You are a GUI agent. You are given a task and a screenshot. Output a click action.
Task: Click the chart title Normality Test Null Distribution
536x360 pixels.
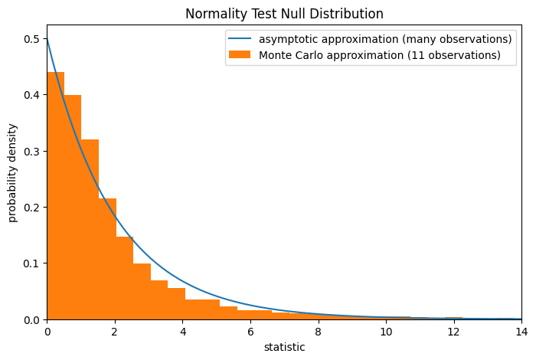pos(284,14)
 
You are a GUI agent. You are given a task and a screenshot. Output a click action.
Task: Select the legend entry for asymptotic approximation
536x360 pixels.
pos(384,39)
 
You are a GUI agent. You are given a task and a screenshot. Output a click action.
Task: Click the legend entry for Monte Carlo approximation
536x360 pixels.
pos(379,55)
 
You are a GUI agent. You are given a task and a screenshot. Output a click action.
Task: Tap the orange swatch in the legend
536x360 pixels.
pos(240,55)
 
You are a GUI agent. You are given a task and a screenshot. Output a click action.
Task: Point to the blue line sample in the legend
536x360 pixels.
pos(240,39)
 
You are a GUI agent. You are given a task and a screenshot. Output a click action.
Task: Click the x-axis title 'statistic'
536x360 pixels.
pos(284,348)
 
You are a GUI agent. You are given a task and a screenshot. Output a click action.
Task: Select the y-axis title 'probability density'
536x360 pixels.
pos(13,172)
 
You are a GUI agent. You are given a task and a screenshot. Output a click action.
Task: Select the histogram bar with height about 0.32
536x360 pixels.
pos(90,230)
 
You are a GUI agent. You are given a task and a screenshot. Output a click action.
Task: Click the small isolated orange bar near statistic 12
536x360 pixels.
pos(453,318)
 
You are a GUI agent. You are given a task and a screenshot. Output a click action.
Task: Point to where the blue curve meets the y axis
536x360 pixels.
pos(47,39)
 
